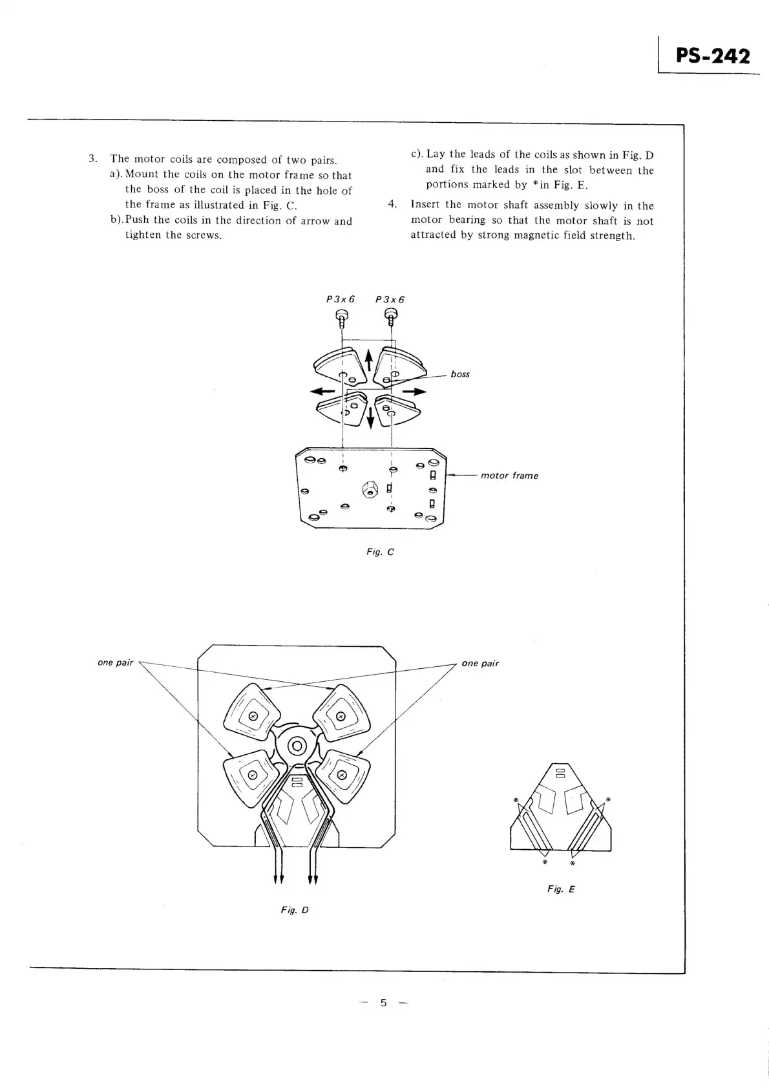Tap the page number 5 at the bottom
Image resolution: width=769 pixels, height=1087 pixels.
coord(383,1002)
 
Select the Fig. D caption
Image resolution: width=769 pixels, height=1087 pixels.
coord(295,910)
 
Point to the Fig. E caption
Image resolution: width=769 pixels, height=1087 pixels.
coord(560,889)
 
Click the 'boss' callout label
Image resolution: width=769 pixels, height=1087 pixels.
coord(460,374)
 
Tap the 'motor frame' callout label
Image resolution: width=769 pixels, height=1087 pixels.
coord(509,476)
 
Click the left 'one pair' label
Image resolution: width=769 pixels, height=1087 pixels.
coord(115,662)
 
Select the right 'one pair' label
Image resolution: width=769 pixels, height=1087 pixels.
coord(480,663)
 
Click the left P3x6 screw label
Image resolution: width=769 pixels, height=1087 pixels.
coord(341,299)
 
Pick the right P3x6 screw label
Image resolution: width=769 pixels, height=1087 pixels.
coord(390,299)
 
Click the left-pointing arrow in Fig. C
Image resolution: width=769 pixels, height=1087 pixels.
coord(322,391)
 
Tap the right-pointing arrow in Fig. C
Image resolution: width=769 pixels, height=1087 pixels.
coord(415,391)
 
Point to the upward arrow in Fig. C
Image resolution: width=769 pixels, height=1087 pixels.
coord(369,359)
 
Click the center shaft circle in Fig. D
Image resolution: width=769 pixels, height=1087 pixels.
coord(297,746)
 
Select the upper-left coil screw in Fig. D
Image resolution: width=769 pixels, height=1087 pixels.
coord(253,715)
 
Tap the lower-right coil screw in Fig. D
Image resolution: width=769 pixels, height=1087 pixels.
coord(342,775)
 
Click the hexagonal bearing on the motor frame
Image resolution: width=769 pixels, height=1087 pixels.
coord(370,489)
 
